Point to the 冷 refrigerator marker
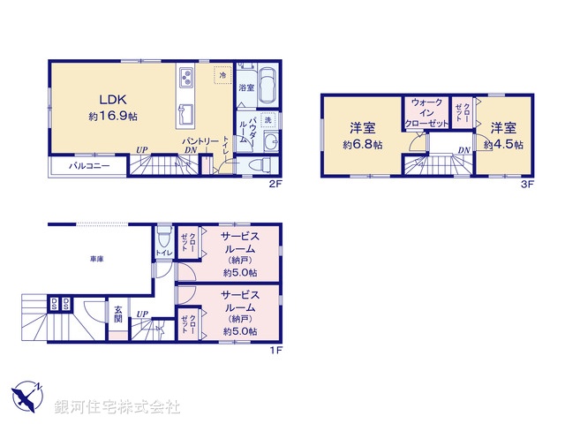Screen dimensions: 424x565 (x=222, y=75)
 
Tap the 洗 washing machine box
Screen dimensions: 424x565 (x=268, y=120)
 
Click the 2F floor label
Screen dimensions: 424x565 (x=275, y=185)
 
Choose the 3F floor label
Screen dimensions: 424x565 (x=528, y=185)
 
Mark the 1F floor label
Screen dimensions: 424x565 (x=275, y=350)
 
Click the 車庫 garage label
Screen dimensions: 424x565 (x=97, y=260)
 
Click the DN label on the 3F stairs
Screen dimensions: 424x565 (x=463, y=150)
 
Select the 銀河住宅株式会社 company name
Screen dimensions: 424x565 (x=117, y=407)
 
